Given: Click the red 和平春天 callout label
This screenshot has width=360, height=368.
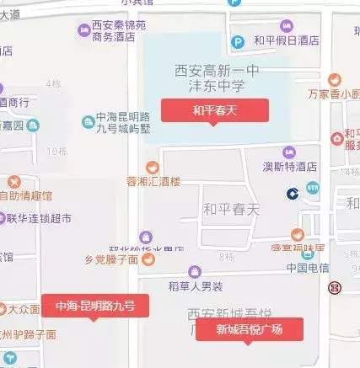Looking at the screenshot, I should click(215, 109).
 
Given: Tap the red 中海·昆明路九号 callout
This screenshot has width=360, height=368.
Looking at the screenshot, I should click(101, 305).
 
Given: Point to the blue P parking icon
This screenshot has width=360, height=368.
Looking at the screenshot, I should click(239, 40).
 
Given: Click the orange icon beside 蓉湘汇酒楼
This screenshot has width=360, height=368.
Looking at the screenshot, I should click(152, 167).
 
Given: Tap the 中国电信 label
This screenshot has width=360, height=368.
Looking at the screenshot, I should click(306, 269).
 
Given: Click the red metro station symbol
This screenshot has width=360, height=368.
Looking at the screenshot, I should click(336, 288).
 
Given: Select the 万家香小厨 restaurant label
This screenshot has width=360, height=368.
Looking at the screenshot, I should click(334, 93).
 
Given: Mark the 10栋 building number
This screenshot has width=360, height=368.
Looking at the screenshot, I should click(56, 151).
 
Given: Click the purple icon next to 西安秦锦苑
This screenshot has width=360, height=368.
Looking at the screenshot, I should click(83, 29).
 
